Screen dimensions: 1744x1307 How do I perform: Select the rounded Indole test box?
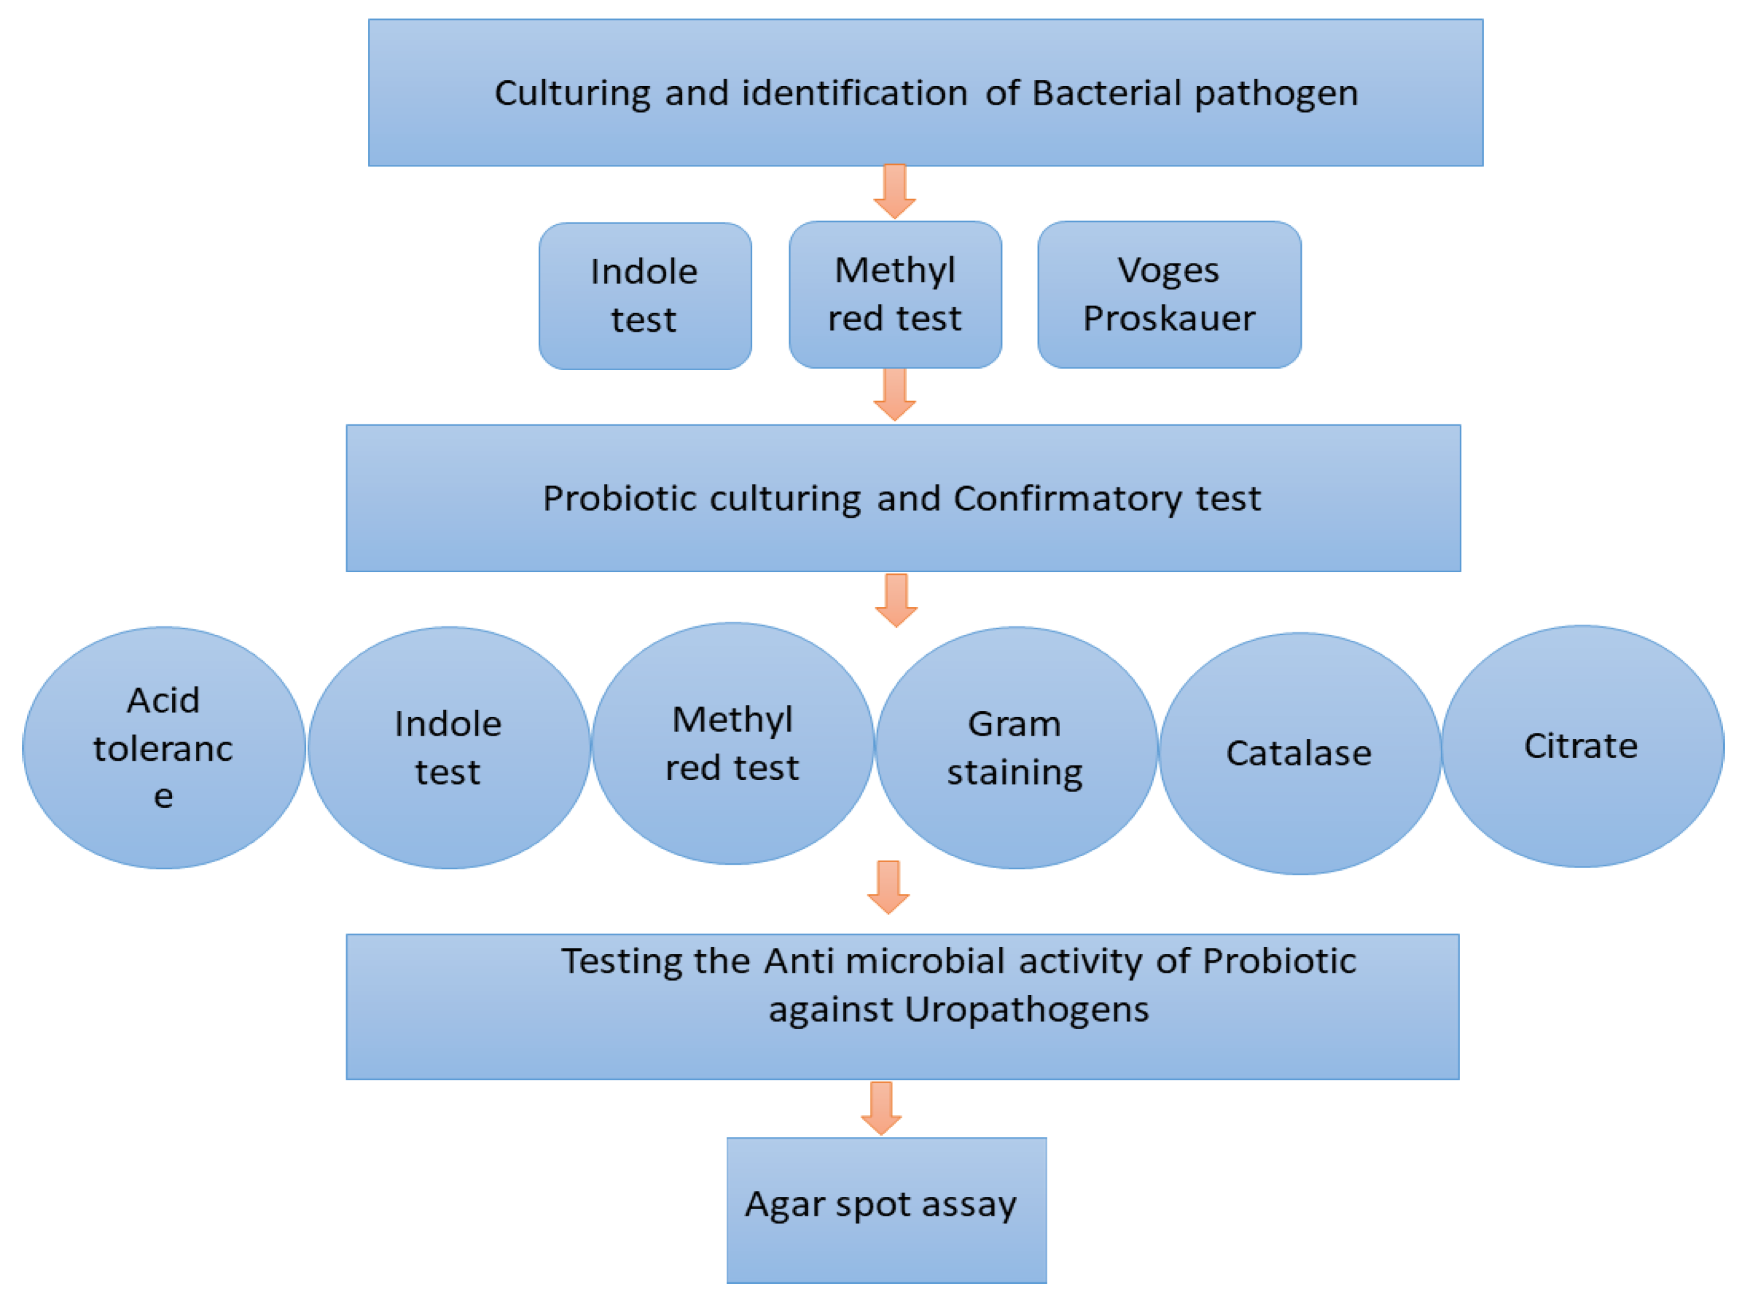pyautogui.click(x=645, y=295)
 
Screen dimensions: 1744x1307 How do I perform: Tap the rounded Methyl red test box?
pyautogui.click(x=896, y=294)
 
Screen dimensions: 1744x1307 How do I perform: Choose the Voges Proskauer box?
pyautogui.click(x=1169, y=294)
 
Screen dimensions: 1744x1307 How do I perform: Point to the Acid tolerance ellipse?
pyautogui.click(x=164, y=748)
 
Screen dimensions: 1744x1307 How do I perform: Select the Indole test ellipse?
pyautogui.click(x=449, y=748)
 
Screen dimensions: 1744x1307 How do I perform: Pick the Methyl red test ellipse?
pyautogui.click(x=732, y=744)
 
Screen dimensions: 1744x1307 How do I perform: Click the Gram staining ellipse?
pyautogui.click(x=1016, y=748)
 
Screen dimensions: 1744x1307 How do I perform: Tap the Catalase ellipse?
pyautogui.click(x=1300, y=753)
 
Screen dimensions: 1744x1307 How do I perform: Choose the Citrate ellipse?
pyautogui.click(x=1582, y=746)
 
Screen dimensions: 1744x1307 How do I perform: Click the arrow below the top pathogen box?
pyautogui.click(x=895, y=191)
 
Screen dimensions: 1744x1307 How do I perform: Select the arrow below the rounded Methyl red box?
pyautogui.click(x=895, y=394)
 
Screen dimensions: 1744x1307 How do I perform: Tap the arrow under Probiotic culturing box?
pyautogui.click(x=896, y=600)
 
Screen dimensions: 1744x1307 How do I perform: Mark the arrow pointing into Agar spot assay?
pyautogui.click(x=881, y=1108)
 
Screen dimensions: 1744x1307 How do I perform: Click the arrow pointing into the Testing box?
pyautogui.click(x=889, y=887)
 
